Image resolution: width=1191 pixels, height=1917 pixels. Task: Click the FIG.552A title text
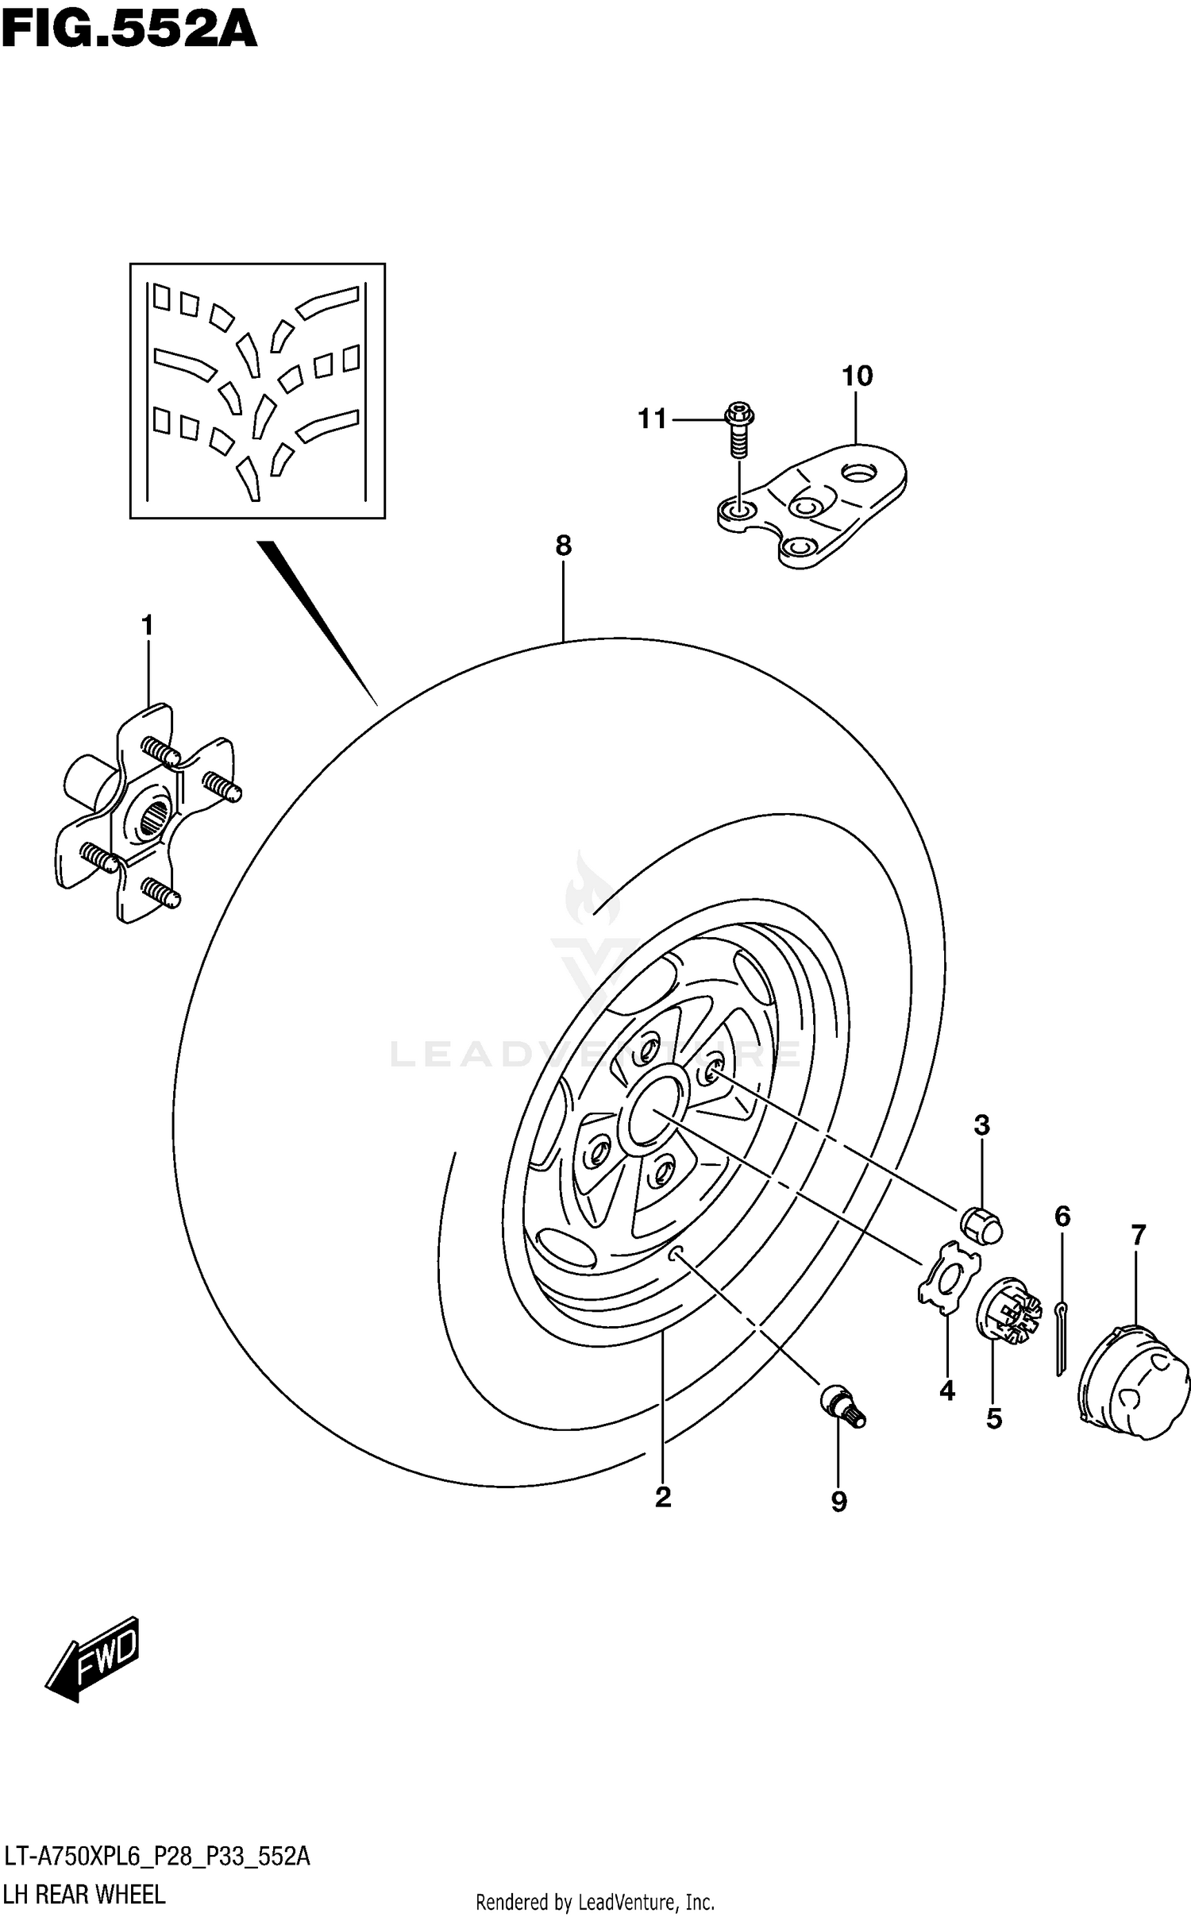129,30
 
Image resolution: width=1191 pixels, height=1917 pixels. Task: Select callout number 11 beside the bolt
653,418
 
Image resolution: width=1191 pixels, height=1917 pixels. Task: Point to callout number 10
857,376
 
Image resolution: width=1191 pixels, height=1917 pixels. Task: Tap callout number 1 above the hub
147,626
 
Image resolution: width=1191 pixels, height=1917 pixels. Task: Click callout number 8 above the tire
563,546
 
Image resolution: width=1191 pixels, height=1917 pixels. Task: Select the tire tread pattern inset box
257,391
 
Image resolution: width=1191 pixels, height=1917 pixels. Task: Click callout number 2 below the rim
663,1498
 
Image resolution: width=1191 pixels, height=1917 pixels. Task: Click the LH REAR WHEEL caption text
85,1894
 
